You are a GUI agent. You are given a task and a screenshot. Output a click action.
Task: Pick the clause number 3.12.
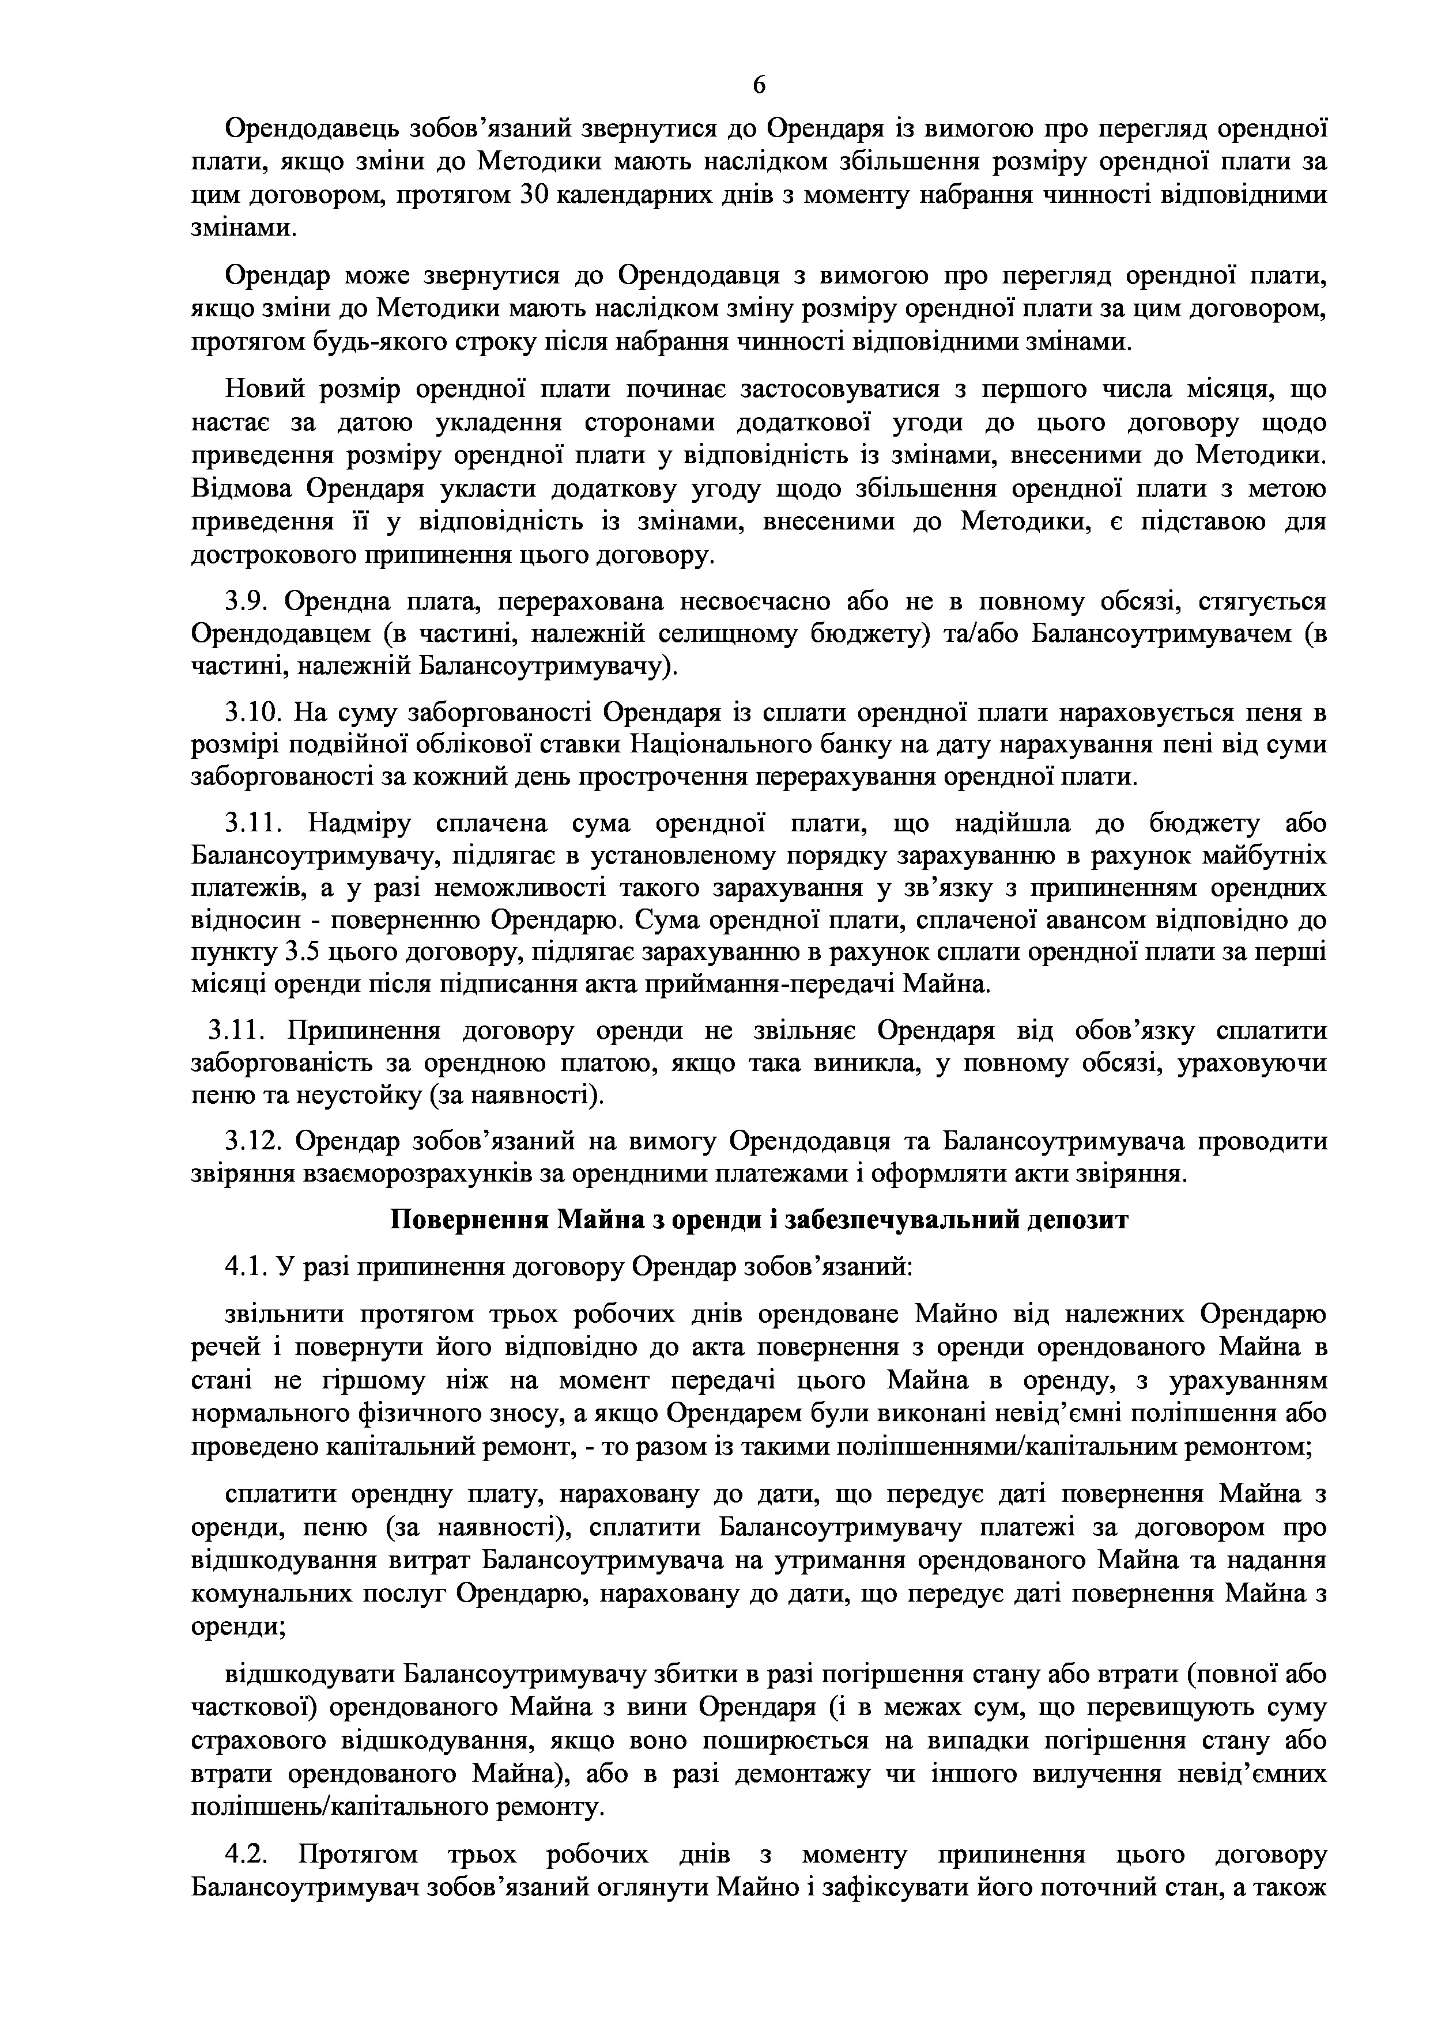(254, 1142)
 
